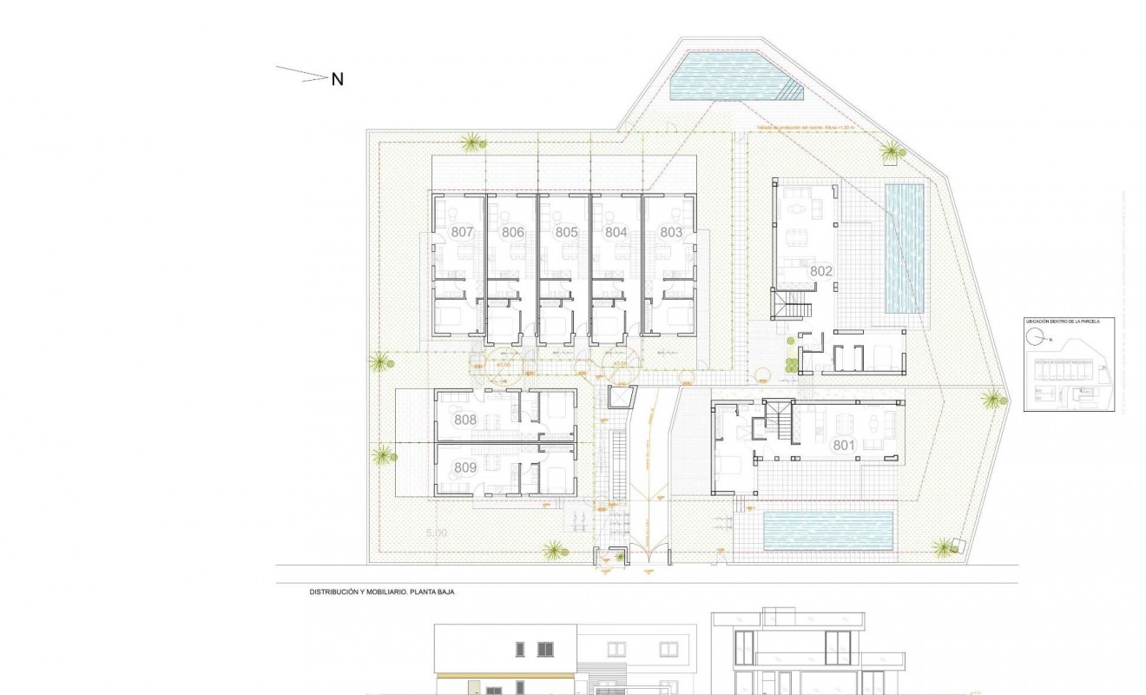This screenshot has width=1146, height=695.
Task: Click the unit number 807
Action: coord(462,232)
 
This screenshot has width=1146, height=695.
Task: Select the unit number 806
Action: coord(513,232)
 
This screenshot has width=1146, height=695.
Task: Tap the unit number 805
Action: coord(566,232)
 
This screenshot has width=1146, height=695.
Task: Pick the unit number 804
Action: coord(616,232)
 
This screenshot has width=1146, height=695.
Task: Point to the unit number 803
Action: coord(671,232)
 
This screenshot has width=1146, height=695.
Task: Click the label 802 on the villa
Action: coord(821,271)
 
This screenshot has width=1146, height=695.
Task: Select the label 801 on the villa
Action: coord(845,446)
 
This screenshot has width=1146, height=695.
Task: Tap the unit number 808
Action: coord(466,420)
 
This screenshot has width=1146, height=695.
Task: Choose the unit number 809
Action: coord(466,468)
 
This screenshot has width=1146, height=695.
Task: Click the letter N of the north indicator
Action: coord(338,79)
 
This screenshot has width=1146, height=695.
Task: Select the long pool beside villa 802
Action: coord(904,248)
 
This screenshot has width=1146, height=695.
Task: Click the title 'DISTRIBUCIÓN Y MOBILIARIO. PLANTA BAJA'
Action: coord(383,592)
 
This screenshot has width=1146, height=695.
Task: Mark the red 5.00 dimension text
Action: coord(436,533)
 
